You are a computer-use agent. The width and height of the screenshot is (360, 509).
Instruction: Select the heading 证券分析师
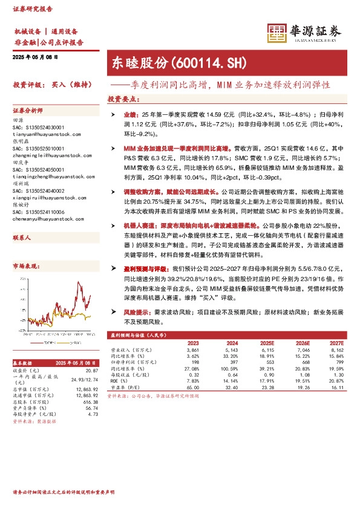[x=28, y=111]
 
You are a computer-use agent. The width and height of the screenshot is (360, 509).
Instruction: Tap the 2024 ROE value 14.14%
[x=231, y=381]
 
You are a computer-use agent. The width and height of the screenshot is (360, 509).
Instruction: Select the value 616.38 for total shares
[x=90, y=401]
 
